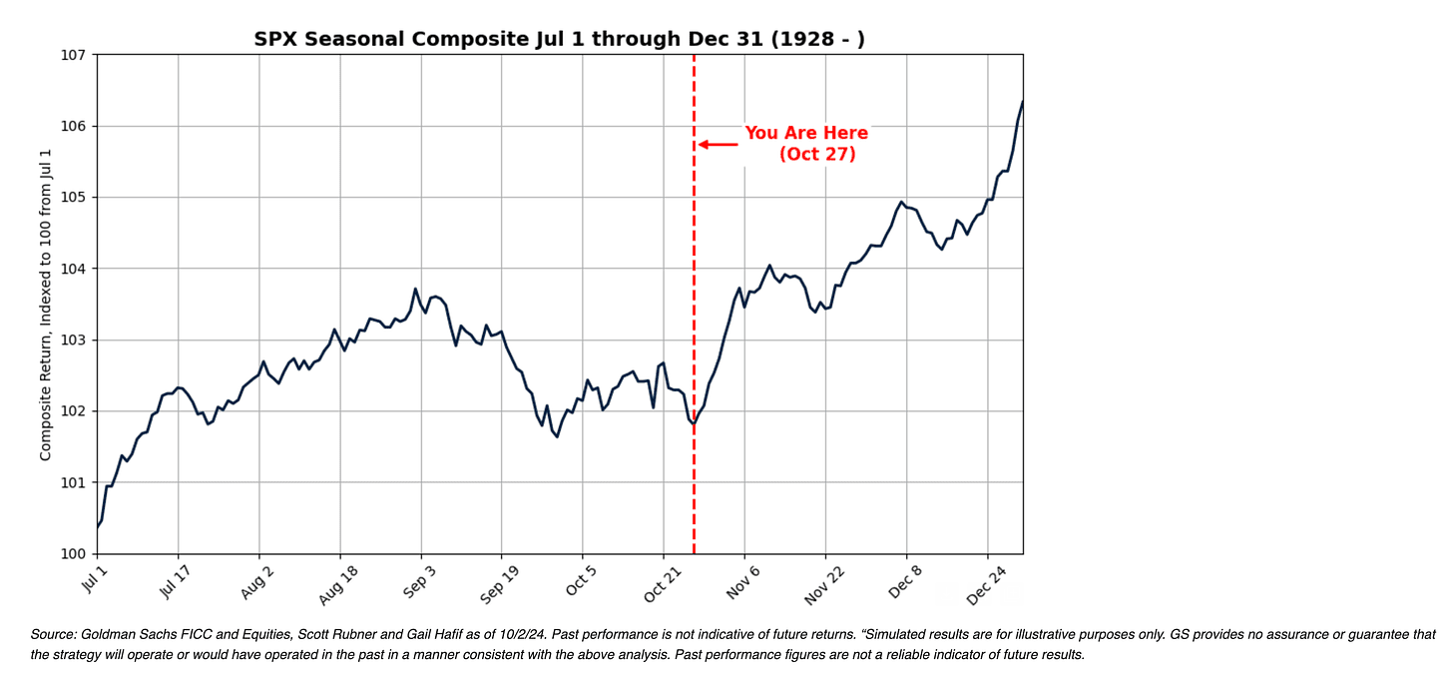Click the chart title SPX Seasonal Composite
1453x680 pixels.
pos(559,40)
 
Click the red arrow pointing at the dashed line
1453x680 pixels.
pos(718,144)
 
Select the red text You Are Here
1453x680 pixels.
pos(806,134)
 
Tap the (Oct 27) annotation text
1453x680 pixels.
pos(817,155)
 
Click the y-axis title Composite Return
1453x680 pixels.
pos(46,306)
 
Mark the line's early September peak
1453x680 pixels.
pos(415,289)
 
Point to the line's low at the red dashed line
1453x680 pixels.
pos(693,424)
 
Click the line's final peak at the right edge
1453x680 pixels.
pos(1022,102)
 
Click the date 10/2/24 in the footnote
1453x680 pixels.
pos(528,635)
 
